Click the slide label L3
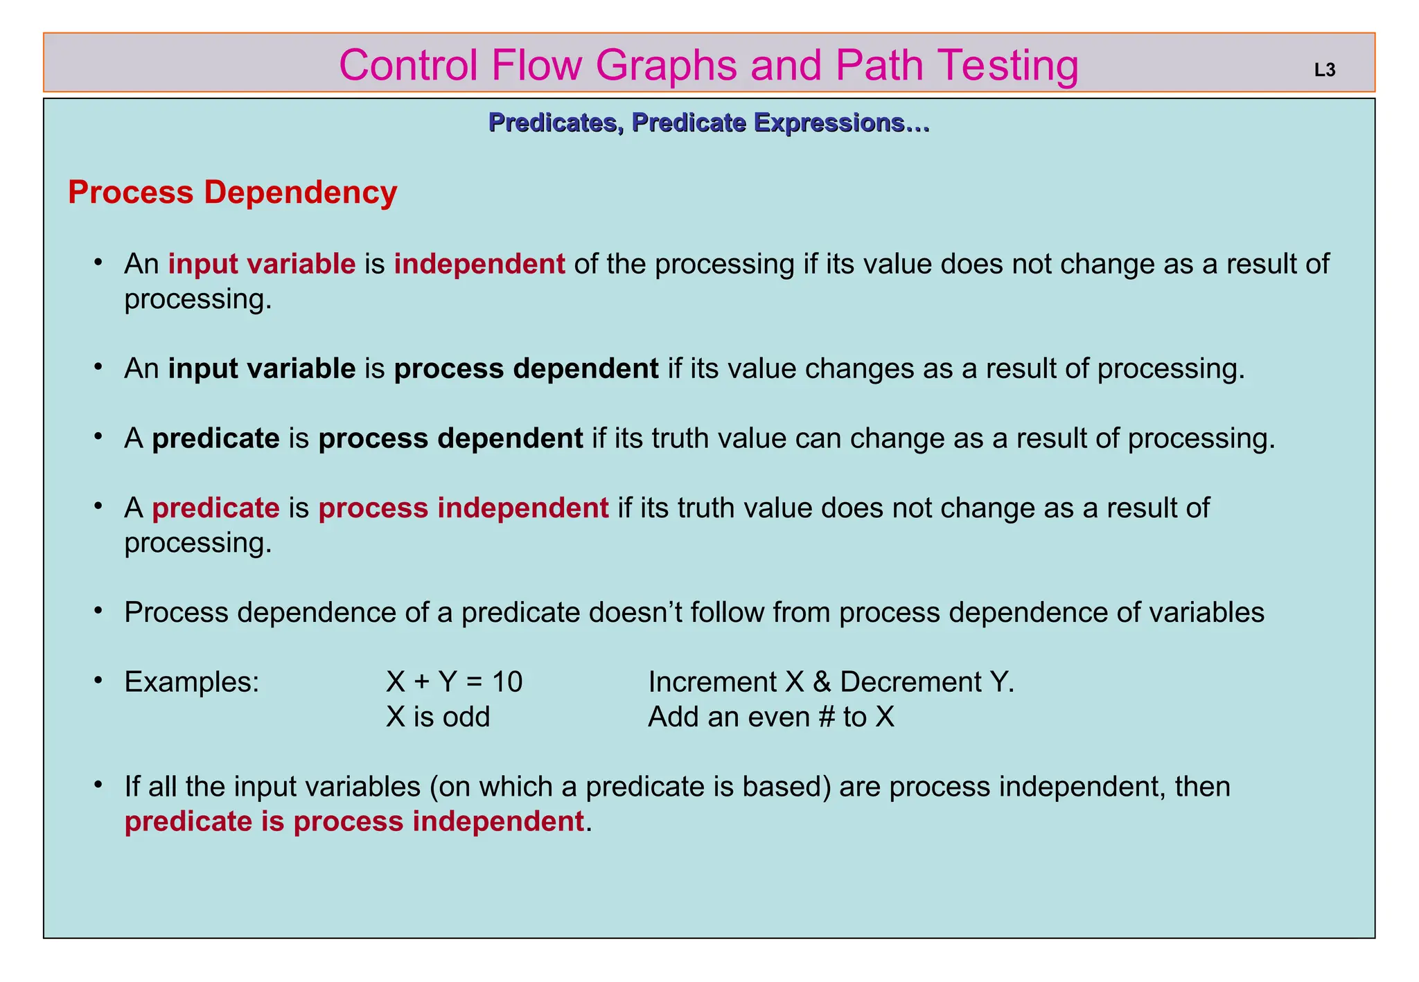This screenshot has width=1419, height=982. (x=1324, y=70)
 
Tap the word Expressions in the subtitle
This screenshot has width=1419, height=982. (x=841, y=123)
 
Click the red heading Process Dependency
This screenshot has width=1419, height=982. (x=232, y=193)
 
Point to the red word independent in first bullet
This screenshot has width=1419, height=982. (x=479, y=264)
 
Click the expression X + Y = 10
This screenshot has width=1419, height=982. (x=454, y=682)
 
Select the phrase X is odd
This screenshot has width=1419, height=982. (x=438, y=717)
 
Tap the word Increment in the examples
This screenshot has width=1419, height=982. (x=712, y=682)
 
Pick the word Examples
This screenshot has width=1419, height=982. (x=192, y=682)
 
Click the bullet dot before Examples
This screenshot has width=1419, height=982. (x=99, y=681)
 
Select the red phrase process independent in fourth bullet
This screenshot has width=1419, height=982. (x=464, y=508)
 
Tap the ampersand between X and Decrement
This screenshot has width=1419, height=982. (x=822, y=682)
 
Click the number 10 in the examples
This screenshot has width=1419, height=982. (x=507, y=682)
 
